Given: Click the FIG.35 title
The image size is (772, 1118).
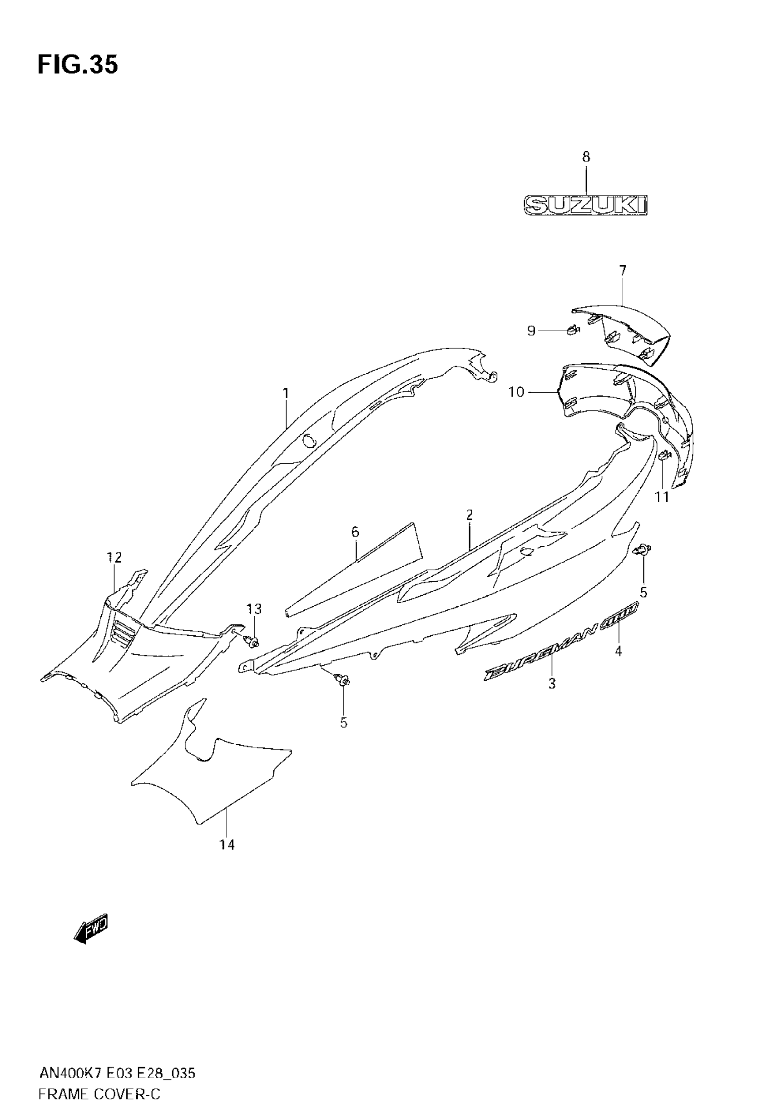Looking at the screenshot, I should [77, 65].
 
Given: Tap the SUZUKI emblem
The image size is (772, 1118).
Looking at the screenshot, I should [586, 205].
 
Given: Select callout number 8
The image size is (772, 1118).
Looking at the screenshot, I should [586, 157].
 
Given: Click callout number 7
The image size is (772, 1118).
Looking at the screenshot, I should [623, 270].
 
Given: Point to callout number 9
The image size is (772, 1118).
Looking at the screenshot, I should [531, 331].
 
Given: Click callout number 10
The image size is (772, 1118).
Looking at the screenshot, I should [516, 392].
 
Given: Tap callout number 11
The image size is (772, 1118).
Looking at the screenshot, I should [662, 497].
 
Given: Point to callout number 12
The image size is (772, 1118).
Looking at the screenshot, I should [114, 558].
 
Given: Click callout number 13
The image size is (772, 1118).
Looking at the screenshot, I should [254, 609].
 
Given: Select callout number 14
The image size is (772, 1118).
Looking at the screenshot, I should [227, 844].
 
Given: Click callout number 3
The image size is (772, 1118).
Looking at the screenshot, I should [552, 684].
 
